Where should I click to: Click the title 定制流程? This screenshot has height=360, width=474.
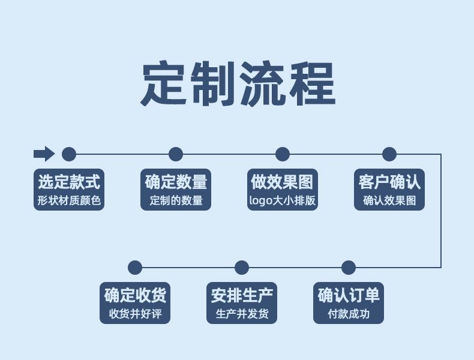pos(238,83)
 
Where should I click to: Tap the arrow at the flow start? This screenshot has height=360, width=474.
pos(44,154)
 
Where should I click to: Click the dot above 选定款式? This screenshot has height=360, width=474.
pos(69,154)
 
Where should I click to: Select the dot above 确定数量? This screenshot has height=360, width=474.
pos(176,154)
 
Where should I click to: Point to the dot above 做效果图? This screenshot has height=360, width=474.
pos(283,154)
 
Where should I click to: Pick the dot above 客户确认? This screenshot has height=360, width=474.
pos(389,154)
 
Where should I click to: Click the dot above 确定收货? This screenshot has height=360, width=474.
pos(135,268)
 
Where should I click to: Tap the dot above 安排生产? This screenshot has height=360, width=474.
pos(242,268)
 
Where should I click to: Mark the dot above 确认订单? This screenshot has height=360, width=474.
pos(349,268)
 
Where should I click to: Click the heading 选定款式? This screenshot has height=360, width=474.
pos(69,181)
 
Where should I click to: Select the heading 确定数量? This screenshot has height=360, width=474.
pos(176,181)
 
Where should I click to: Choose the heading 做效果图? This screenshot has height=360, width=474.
pos(283,181)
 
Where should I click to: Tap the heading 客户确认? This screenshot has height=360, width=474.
pos(389,181)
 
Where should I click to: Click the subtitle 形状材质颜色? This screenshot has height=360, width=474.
pos(69,200)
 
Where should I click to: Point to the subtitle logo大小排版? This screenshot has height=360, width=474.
pos(283,200)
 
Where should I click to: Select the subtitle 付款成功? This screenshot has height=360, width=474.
pos(349,314)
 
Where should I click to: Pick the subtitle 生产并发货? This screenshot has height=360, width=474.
pos(242,314)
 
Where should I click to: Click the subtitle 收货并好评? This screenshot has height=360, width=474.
pos(135,314)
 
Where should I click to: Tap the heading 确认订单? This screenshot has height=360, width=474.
pos(349,295)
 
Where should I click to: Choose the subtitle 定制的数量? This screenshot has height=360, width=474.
pos(176,200)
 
